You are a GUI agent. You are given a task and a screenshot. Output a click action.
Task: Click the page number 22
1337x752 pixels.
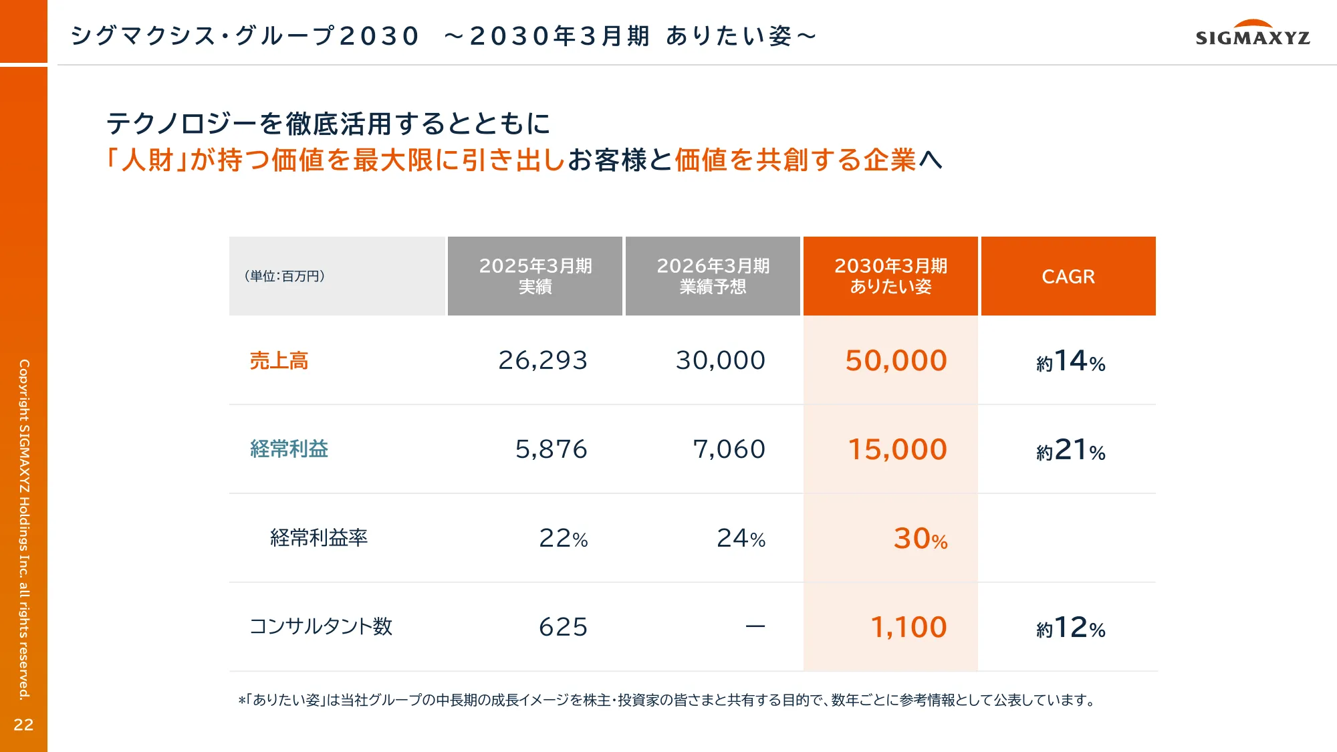click(23, 725)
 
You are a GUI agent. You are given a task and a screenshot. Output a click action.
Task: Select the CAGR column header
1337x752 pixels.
click(1068, 276)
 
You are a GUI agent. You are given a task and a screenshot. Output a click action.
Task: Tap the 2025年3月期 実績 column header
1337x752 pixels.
click(535, 276)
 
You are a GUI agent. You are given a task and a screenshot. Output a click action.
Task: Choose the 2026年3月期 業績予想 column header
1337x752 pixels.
click(713, 276)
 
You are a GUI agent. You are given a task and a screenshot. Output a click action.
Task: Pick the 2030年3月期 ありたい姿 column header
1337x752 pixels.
click(890, 276)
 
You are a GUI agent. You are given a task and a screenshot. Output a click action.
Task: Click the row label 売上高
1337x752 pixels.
click(279, 361)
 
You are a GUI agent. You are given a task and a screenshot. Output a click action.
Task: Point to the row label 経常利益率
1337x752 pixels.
click(319, 538)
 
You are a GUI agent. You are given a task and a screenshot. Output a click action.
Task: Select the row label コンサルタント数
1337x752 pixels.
click(321, 627)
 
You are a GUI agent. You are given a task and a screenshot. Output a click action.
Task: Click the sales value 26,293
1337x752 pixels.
click(543, 361)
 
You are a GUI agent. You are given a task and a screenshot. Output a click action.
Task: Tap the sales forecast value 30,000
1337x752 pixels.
click(720, 361)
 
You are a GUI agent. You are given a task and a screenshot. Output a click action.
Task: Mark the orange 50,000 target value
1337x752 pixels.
click(896, 361)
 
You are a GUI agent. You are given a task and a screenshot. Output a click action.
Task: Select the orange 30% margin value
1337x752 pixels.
click(920, 539)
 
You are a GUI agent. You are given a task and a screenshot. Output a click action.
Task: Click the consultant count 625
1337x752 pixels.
click(563, 627)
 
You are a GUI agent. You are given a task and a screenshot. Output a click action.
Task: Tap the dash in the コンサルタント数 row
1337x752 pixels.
click(755, 627)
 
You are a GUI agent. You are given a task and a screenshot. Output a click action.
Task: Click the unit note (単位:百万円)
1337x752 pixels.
click(285, 276)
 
